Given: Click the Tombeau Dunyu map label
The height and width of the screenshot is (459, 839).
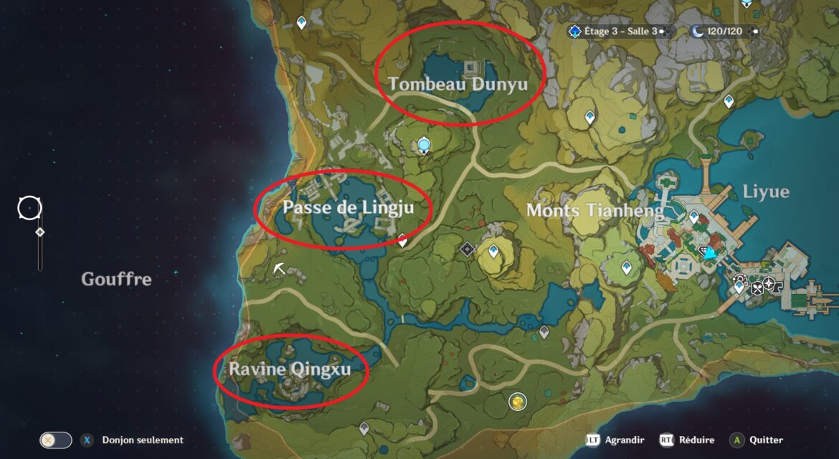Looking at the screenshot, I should coord(458,84).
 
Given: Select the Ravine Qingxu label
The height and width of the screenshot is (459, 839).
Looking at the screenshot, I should coord(290,369).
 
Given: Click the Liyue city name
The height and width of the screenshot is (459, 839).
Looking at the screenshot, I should coord(766,191).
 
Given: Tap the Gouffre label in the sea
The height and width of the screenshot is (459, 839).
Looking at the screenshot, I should coord(116,279).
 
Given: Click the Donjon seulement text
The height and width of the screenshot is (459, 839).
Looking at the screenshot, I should coord(143,440).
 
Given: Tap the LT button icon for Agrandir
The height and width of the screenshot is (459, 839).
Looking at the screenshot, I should coord(593,440).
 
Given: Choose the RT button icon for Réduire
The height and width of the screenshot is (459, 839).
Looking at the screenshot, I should coord(667,440).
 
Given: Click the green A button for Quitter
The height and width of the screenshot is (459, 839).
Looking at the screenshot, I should coord(736,440).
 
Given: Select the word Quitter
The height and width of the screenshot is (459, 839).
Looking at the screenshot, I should coord(767,440).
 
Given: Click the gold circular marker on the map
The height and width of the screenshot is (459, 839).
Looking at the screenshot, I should coord(516,402).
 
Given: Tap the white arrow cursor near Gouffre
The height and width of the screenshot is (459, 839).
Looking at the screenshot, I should coord(279,268).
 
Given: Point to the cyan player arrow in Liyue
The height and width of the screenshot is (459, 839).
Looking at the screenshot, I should coord(710,253).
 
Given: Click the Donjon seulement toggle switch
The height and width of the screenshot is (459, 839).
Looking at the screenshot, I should coord(56,440).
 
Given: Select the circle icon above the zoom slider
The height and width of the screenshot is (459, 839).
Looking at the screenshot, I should coord(29,209).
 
